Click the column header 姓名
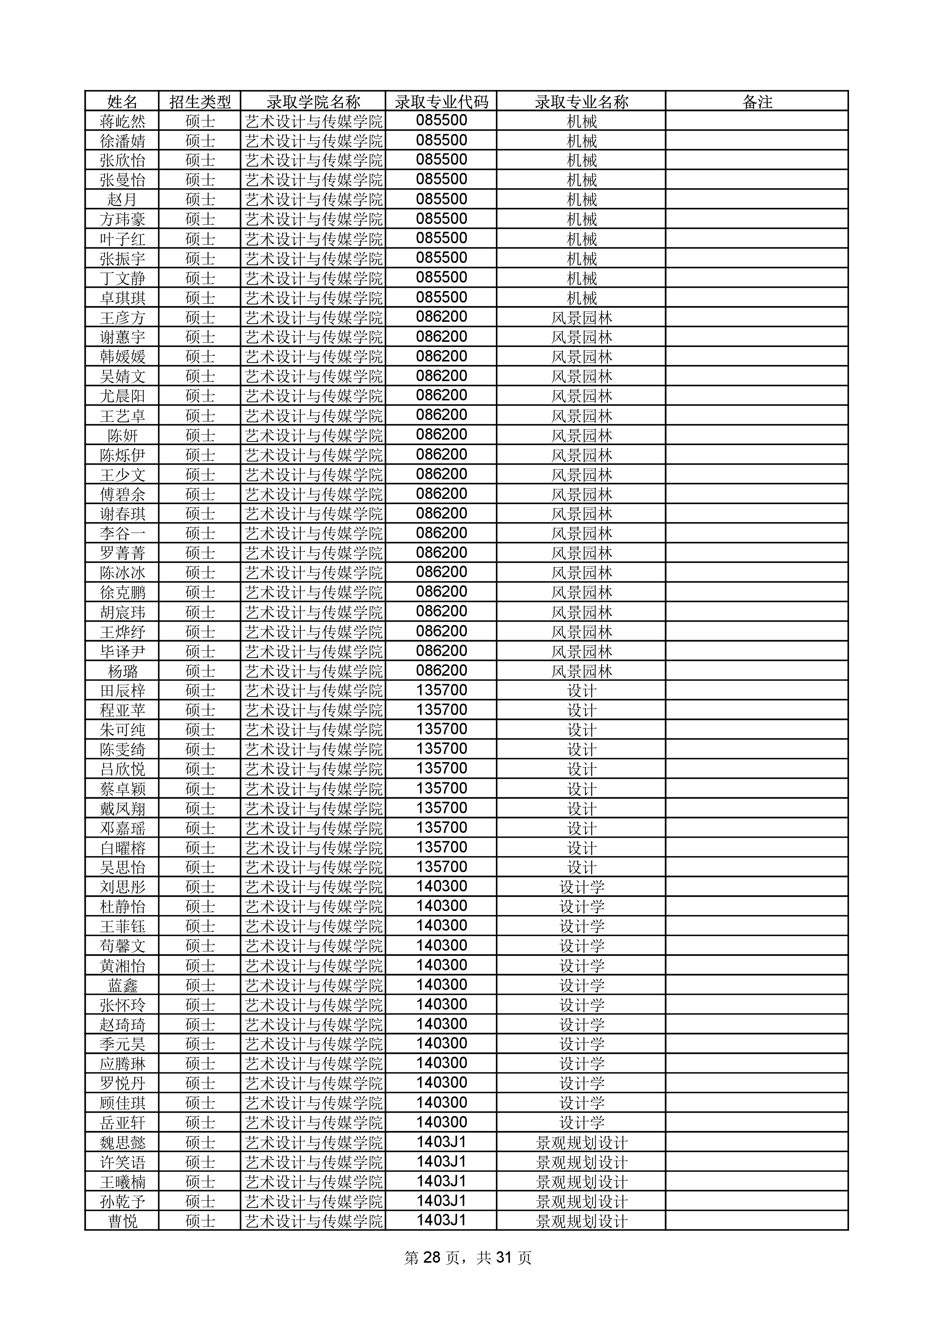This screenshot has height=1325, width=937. (122, 102)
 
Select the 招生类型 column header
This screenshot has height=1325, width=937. (200, 102)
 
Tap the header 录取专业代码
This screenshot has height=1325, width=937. (441, 102)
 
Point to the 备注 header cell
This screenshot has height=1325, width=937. (756, 102)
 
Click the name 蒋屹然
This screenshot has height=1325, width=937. (122, 121)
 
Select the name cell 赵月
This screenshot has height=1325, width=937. (122, 200)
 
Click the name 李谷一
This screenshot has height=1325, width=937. (122, 534)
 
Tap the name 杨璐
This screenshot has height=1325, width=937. (122, 671)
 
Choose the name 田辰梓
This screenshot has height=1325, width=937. (122, 691)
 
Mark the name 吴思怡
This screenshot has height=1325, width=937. (122, 867)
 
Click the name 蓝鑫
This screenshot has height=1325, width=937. (122, 985)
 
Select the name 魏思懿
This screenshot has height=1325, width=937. (122, 1143)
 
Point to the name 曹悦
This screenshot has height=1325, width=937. (122, 1221)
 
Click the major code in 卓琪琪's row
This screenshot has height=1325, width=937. (441, 298)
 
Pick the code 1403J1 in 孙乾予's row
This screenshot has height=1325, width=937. (441, 1201)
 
